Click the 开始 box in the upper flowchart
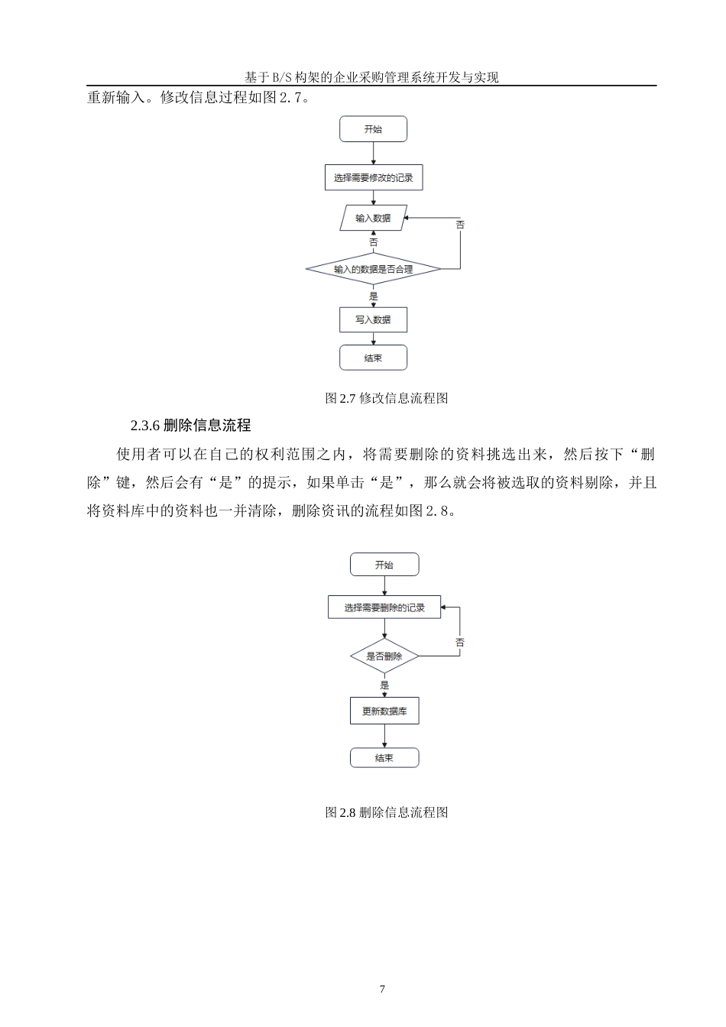point(373,129)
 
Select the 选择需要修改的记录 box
point(373,177)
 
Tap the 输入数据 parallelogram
point(373,218)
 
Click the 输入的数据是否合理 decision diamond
point(373,269)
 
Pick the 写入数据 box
point(373,319)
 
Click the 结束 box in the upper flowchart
point(373,358)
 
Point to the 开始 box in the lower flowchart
point(384,565)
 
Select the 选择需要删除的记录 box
point(384,607)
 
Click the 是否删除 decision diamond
point(384,656)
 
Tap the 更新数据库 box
point(384,711)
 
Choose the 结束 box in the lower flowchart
point(384,758)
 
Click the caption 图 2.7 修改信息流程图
point(386,398)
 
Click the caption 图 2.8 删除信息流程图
point(386,812)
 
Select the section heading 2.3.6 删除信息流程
point(190,426)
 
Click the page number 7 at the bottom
point(382,989)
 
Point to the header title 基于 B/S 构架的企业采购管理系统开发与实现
point(371,77)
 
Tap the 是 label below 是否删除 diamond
point(384,685)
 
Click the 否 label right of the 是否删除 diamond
point(460,643)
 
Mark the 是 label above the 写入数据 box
point(373,296)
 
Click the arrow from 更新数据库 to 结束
point(384,736)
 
